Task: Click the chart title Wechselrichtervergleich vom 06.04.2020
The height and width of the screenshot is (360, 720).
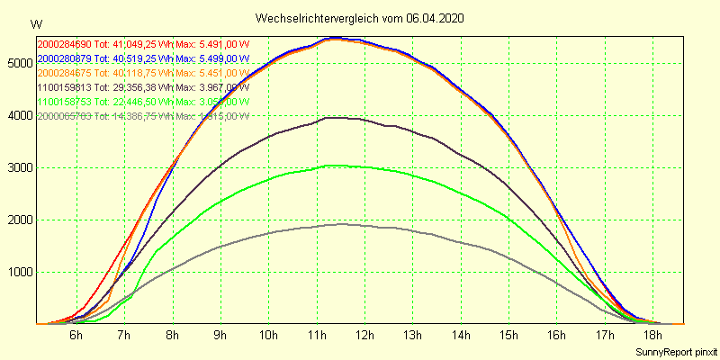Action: (x=360, y=18)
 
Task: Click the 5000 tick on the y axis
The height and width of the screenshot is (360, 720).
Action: (x=18, y=63)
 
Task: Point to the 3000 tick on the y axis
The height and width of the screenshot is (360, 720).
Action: (x=18, y=167)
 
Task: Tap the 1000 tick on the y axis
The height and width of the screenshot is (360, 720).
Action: (x=18, y=272)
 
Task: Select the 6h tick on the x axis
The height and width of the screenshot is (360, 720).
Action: (x=76, y=335)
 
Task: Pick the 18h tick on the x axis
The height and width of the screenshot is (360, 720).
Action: (x=652, y=335)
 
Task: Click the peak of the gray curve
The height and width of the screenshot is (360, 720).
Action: (x=344, y=224)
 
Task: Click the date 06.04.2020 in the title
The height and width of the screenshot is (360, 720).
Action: (x=436, y=18)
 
